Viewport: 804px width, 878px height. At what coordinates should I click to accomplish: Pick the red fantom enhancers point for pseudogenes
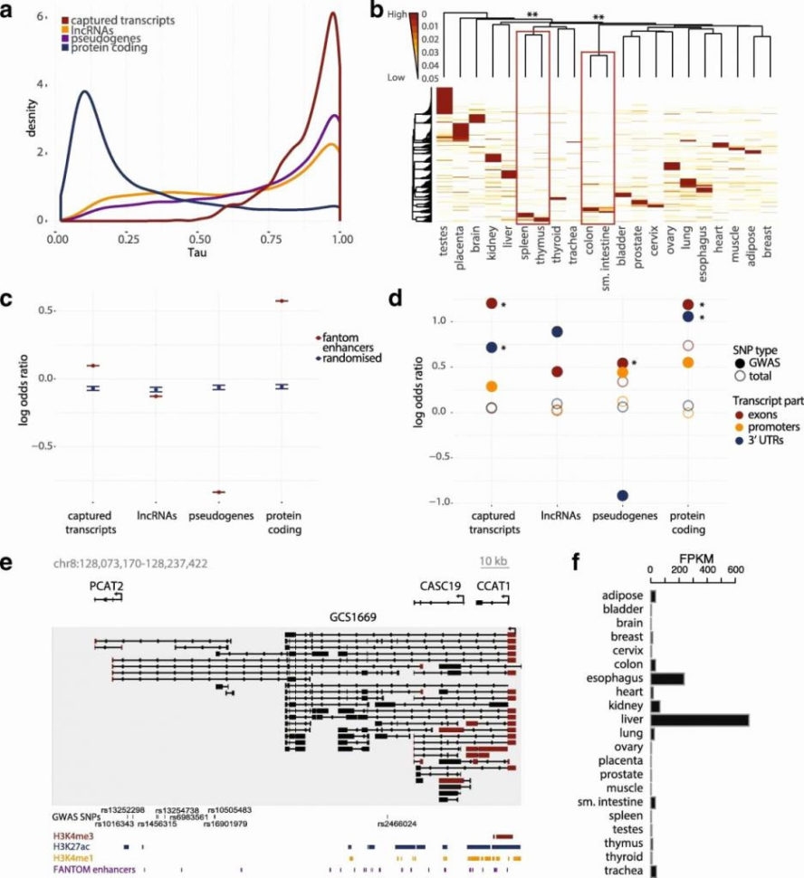[217, 491]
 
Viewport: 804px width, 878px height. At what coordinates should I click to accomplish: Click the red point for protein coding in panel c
[282, 301]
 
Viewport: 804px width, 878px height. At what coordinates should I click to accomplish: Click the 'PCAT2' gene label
[105, 587]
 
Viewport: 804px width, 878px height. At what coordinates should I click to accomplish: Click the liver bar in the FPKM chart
[700, 720]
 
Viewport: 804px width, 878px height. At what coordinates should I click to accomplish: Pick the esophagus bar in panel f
[667, 677]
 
